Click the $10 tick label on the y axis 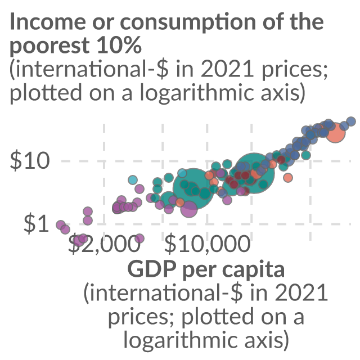click(30, 161)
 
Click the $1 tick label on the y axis click(36, 224)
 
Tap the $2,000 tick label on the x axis click(104, 244)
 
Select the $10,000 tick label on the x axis click(208, 244)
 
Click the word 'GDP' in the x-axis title click(152, 269)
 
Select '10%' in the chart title click(119, 45)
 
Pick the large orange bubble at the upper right click(336, 133)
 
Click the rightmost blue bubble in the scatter click(351, 121)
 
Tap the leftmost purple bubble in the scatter click(61, 225)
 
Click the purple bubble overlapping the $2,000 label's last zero click(139, 238)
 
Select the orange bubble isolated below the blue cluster click(288, 178)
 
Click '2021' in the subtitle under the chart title click(227, 70)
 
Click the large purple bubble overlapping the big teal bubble click(189, 209)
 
